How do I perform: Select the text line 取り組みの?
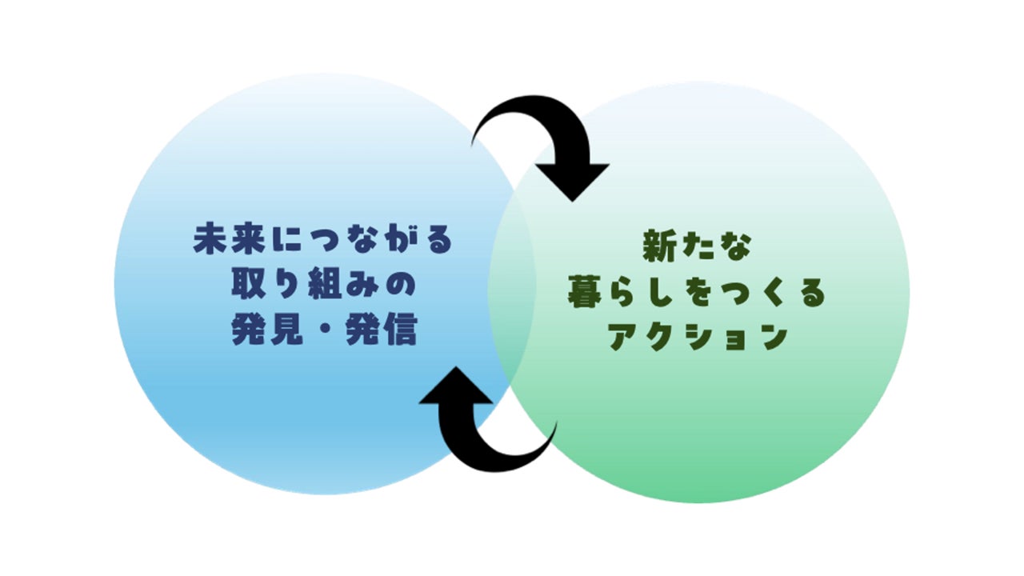click(x=323, y=285)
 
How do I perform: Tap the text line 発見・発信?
click(x=323, y=330)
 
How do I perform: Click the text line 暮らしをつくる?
click(x=696, y=293)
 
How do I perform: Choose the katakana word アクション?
click(x=696, y=338)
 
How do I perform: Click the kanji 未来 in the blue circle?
click(x=223, y=240)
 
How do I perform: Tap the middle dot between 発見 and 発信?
click(x=323, y=331)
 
